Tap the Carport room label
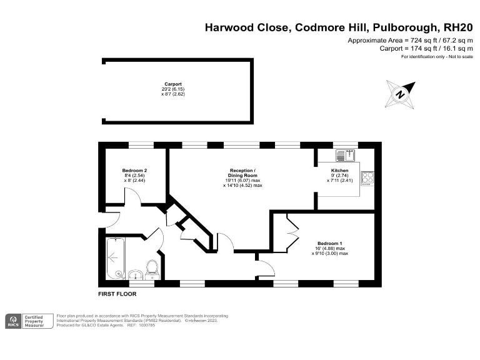point(173,84)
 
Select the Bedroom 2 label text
point(134,171)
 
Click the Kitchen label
point(339,171)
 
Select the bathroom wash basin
point(135,274)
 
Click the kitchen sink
point(347,152)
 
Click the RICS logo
point(13,321)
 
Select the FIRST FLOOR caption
point(117,294)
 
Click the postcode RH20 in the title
point(457,27)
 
